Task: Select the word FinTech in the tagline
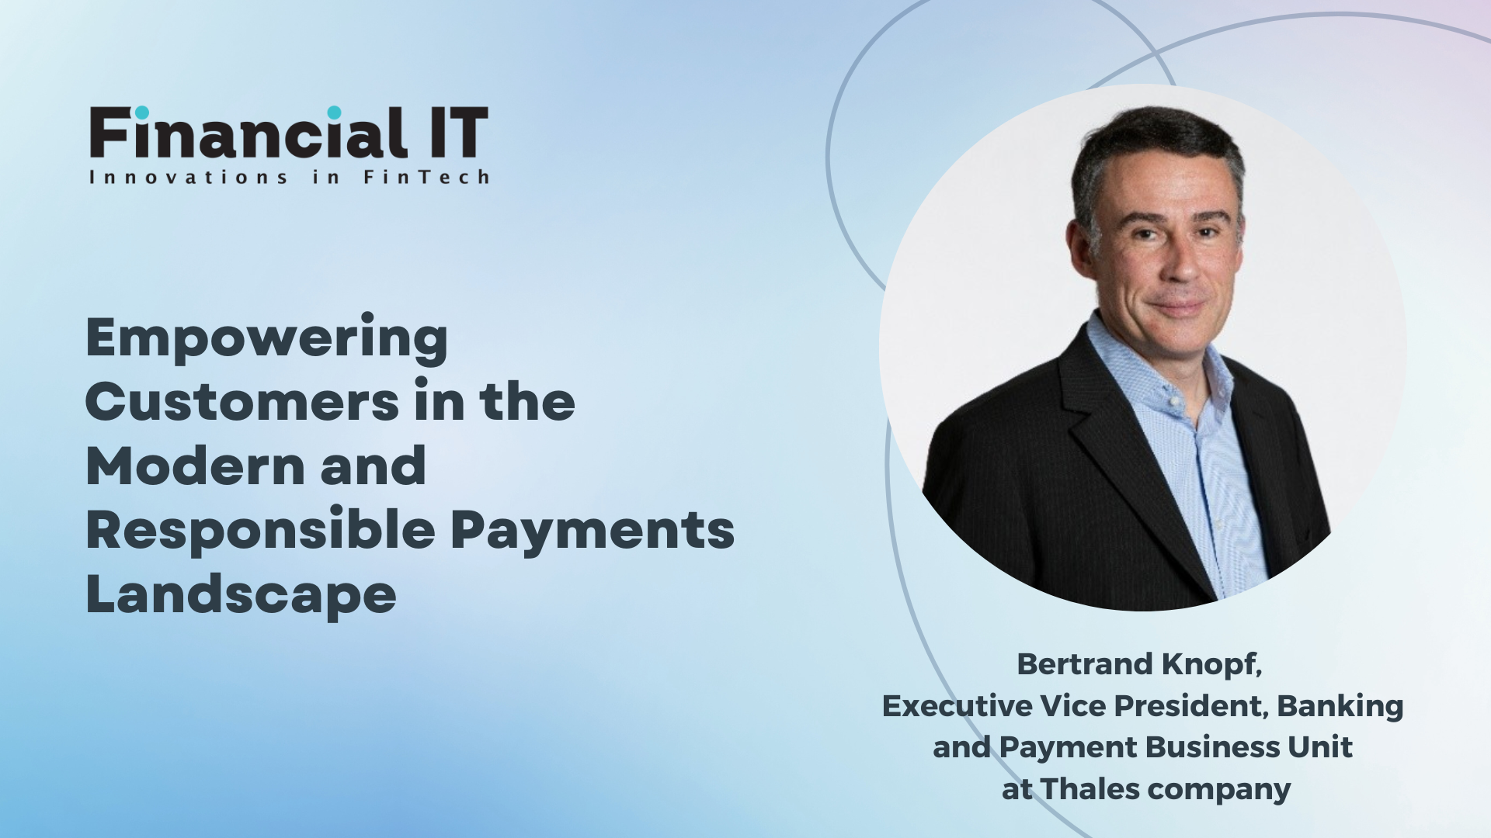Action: [426, 178]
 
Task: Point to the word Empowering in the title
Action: [266, 340]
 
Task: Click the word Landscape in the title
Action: [241, 596]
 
